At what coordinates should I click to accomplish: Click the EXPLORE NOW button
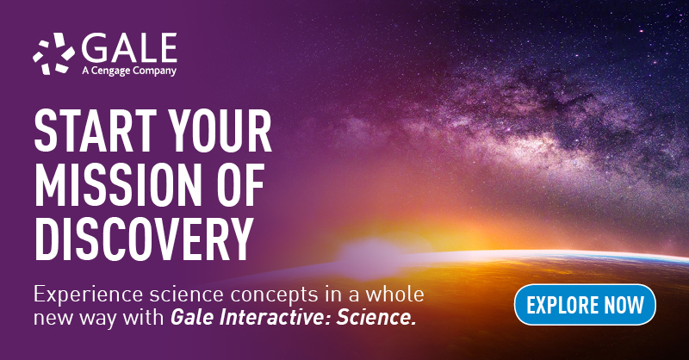pos(585,305)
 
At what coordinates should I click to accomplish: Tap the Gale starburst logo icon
pos(53,53)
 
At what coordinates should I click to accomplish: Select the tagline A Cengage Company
pos(129,71)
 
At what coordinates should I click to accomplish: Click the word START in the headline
pos(96,131)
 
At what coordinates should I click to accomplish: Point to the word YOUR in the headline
pos(221,131)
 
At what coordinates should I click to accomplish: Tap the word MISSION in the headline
pos(116,185)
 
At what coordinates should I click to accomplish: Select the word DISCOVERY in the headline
pos(143,239)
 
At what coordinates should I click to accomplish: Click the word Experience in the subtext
pos(88,295)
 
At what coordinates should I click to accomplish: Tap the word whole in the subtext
pos(394,294)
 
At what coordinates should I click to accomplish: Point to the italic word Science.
pos(376,318)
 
